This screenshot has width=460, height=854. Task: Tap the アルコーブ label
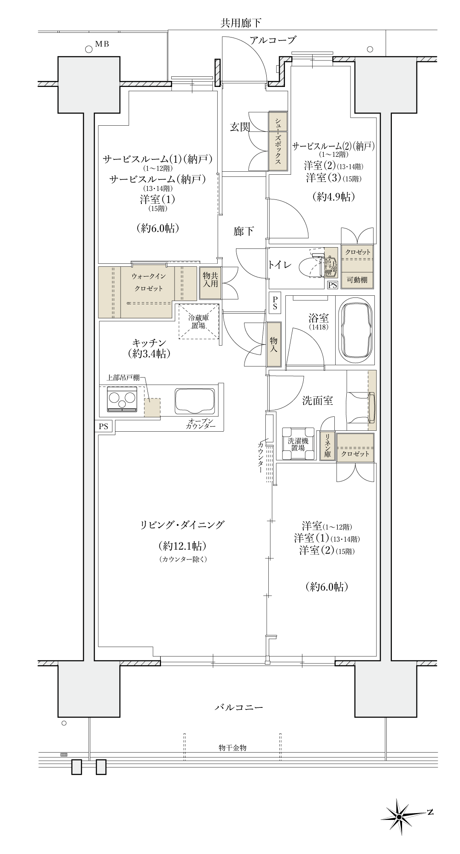pos(273,40)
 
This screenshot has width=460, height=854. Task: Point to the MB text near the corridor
pos(102,44)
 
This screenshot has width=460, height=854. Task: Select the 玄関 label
pos(240,127)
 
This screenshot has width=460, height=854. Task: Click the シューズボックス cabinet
pos(278,141)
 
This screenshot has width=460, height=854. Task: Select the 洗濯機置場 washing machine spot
pos(298,444)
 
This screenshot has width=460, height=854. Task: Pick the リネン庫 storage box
pos(327,446)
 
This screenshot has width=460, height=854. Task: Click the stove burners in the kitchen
pos(123,399)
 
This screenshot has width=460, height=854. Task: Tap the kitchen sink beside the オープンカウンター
pos(196,401)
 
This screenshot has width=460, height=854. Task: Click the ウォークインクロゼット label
pos(149,283)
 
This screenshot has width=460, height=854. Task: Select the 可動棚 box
pos(357,280)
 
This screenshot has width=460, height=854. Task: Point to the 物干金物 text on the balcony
pos(233,747)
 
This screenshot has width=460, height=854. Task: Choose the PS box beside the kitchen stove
pos(103,426)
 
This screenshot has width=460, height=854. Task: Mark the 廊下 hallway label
pos(244,231)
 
